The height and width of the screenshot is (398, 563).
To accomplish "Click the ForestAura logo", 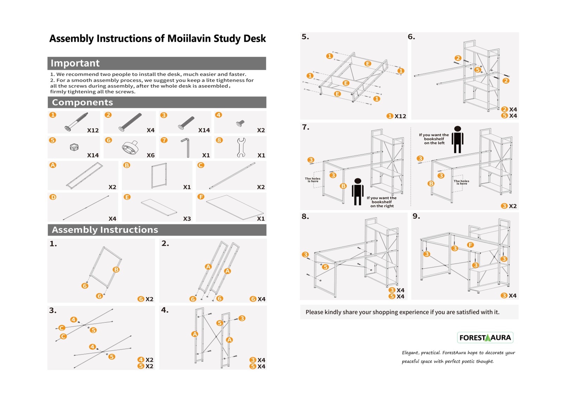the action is (485, 337).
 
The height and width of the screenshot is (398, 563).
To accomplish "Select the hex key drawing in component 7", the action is (186, 147).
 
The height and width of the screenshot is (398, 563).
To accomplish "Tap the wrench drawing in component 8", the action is (241, 147).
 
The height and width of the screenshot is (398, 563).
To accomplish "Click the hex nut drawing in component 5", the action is (74, 147).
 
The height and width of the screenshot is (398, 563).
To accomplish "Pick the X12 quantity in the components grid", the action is (93, 130).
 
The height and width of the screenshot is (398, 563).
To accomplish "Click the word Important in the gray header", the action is (75, 63).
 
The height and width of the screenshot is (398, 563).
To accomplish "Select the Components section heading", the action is (82, 102).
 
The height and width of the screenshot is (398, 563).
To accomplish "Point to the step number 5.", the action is (305, 37).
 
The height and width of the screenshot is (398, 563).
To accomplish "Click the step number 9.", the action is (416, 216).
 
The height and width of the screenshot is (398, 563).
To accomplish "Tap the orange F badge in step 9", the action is (470, 245).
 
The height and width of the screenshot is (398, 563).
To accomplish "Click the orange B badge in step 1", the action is (116, 269).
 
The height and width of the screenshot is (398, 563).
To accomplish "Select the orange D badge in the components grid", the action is (53, 197).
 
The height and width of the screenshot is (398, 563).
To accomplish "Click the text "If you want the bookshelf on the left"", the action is (434, 139).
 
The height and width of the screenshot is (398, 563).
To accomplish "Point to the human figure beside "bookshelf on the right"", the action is (358, 192).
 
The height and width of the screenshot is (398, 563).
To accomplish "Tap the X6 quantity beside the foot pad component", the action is (151, 155).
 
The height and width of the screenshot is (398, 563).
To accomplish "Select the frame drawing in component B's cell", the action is (159, 175).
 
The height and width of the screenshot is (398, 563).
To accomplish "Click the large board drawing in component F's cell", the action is (235, 207).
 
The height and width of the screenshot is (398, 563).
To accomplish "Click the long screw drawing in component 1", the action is (76, 122).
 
